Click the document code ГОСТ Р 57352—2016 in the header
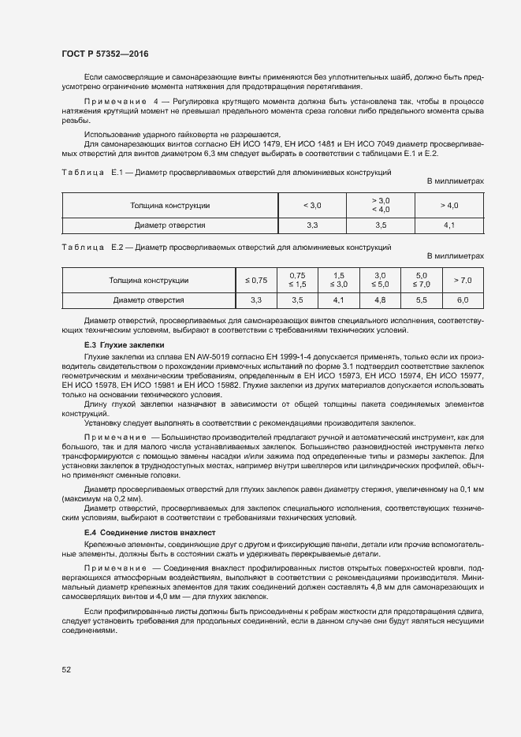(105, 54)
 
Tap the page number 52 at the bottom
(66, 670)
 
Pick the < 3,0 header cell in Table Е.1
(312, 206)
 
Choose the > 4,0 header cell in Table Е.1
(449, 206)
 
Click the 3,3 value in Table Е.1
(312, 225)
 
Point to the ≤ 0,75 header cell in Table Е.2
(256, 280)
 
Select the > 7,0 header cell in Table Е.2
(463, 280)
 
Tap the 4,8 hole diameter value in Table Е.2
(380, 300)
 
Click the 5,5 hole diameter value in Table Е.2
(421, 300)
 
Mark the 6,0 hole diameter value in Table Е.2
(463, 300)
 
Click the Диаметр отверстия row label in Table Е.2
(149, 300)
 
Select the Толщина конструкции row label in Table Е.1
(170, 206)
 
